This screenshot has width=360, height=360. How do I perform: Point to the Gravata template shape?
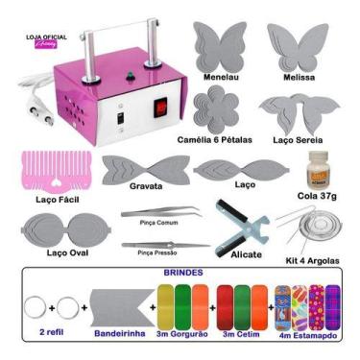coord(145,174)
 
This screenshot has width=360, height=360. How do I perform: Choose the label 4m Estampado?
coord(308,337)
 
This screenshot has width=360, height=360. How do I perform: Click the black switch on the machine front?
coord(122,122)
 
